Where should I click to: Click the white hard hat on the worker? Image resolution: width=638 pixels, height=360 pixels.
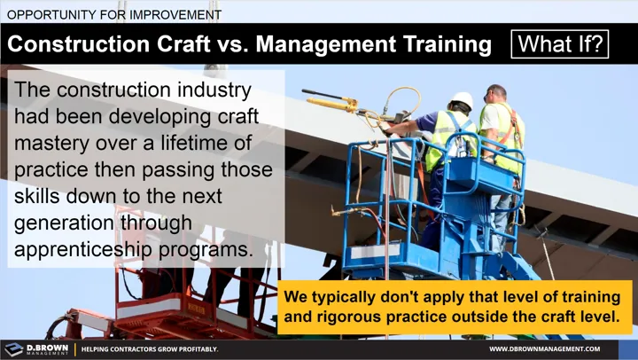(x=462, y=100)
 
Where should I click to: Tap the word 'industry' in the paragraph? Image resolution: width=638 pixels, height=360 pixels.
(x=211, y=90)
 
